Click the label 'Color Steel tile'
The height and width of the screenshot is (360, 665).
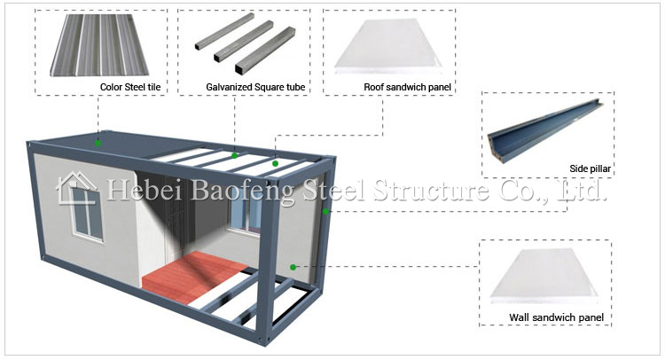pos(130,87)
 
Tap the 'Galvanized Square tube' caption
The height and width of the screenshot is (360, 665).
pos(255,87)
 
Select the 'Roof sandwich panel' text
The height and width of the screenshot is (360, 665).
pos(407,87)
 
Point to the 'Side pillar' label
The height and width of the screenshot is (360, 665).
pos(590,168)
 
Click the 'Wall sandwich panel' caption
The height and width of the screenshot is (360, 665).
pos(557,317)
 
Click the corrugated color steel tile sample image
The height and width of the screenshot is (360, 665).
pos(99,45)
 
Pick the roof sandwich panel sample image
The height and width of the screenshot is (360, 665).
pos(388,47)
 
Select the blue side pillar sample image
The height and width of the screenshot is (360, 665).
pos(545,131)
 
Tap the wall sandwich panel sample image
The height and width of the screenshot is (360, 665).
pos(544,276)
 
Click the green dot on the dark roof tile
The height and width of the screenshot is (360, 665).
pos(98,143)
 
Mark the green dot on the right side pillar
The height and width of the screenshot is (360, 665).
pos(325,211)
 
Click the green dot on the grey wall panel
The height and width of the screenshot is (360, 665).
pos(293,267)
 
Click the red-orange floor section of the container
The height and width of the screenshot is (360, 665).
pos(195,277)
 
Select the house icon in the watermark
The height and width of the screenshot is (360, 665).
pos(77,188)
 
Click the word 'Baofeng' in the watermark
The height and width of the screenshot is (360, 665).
pos(242,191)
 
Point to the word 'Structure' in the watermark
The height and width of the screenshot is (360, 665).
pos(431,190)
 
